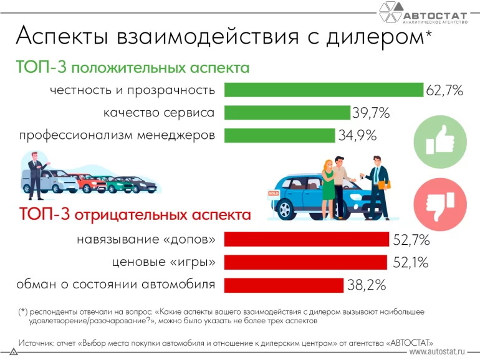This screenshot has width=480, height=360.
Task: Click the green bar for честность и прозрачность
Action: coord(324,90)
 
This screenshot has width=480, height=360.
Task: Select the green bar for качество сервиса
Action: coord(287,112)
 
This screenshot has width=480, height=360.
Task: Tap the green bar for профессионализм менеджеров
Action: coord(279,135)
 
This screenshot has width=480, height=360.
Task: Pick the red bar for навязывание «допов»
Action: coord(306,239)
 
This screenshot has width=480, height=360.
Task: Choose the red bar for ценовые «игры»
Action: coord(305,262)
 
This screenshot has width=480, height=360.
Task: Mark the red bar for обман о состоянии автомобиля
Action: coord(283,285)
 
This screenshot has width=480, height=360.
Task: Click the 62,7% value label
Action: coord(444,91)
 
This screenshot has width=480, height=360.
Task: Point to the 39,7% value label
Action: coord(371,113)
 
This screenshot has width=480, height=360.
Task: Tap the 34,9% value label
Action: coord(357,136)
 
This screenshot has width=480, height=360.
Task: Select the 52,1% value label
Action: coord(411,263)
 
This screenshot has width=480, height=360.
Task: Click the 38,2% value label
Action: coord(367,286)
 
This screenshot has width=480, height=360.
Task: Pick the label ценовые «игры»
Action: coord(164,262)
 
